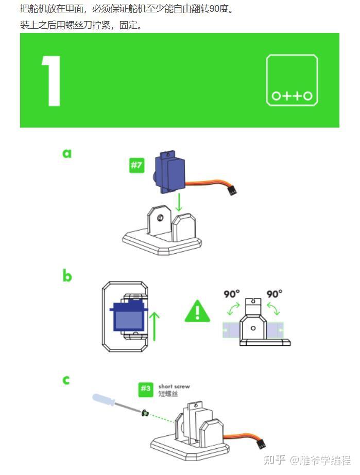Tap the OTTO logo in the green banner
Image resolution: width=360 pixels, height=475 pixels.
[x=292, y=80]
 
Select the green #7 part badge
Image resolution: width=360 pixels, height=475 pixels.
[x=136, y=165]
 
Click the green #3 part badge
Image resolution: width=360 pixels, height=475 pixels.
[x=146, y=389]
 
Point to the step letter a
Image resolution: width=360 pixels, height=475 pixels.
[x=67, y=153]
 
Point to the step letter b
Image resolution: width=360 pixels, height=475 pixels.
[x=67, y=276]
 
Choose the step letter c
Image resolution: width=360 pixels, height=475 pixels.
[x=66, y=380]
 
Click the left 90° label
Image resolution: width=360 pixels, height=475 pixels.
[x=232, y=294]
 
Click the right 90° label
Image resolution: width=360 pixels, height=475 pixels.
[x=275, y=294]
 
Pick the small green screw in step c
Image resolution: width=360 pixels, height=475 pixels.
[x=145, y=412]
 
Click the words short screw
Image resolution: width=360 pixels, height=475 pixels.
[x=174, y=386]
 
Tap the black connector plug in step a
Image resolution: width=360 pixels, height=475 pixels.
[x=233, y=191]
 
